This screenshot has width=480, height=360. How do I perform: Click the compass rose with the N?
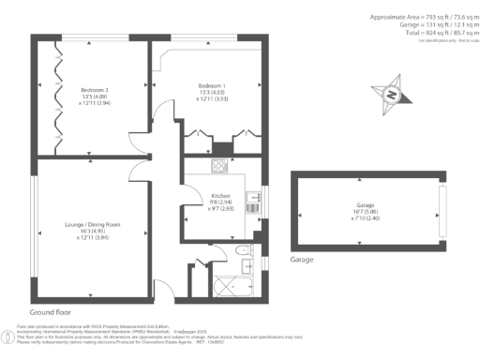(393, 94)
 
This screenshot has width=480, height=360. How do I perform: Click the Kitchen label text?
(220, 194)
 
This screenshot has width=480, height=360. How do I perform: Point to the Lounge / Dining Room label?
(92, 225)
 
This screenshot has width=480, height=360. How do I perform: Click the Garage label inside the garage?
(364, 203)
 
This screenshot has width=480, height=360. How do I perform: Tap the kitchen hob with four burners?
(219, 167)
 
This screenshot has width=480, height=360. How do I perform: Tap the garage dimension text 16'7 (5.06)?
(364, 212)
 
